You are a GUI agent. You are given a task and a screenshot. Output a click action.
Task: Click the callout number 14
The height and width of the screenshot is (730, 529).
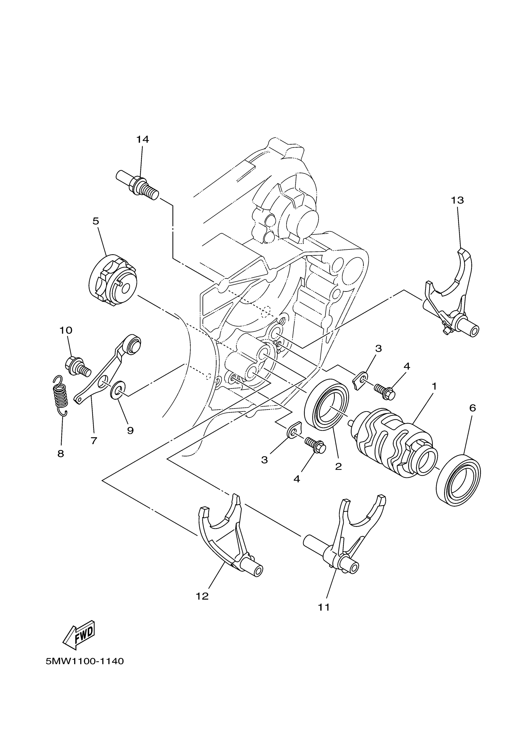[x=143, y=139]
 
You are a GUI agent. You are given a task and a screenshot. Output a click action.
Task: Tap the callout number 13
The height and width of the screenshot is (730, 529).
[x=457, y=200]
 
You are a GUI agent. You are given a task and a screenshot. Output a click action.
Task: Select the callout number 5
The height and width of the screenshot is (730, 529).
[x=96, y=221]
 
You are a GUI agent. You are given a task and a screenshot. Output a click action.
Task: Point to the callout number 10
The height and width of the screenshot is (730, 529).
[x=66, y=330]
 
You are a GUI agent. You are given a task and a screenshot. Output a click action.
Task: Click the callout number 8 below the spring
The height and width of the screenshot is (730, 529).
[x=61, y=454]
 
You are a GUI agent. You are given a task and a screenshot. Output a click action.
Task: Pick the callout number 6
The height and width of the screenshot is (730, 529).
[x=472, y=408]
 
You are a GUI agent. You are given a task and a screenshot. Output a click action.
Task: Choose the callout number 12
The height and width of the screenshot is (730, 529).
[x=202, y=596]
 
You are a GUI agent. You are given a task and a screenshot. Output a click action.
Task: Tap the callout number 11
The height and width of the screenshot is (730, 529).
[x=324, y=607]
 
